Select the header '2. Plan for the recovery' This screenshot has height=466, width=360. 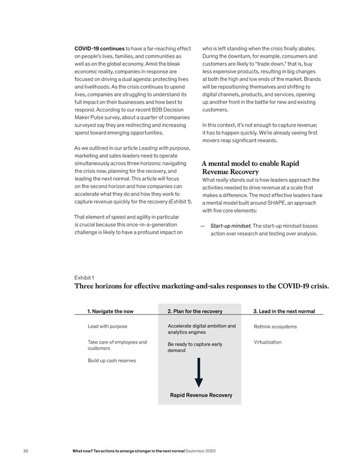195,311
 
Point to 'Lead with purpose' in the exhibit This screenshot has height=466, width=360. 107,327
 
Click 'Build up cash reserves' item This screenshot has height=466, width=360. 112,360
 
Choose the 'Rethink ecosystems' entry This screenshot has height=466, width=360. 275,327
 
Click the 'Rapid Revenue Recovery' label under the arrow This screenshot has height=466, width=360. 201,395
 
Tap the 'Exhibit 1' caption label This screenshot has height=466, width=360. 83,277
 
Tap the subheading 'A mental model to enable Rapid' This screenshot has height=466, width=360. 250,163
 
